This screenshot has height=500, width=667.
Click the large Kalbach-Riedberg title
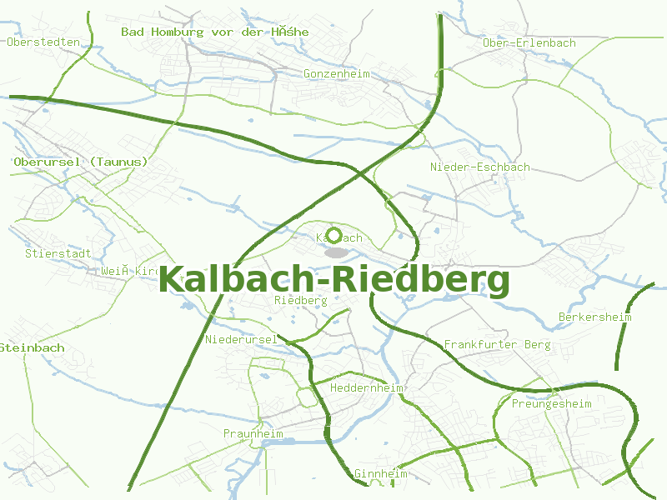coord(333,280)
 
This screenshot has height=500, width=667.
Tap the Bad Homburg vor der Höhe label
coord(215,32)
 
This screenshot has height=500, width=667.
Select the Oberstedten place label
coord(43,42)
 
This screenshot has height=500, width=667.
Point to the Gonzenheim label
coord(337,73)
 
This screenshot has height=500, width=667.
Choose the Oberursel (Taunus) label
coord(81,162)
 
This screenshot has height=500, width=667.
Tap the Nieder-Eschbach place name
coord(480,167)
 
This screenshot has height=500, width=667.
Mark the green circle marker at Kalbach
coord(334,236)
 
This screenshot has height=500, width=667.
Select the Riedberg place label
coord(300,300)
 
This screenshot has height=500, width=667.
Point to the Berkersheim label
coord(595,317)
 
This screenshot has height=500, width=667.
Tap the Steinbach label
coord(32,347)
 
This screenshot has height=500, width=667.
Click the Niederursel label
coord(241,339)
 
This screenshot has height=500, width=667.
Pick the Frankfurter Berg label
coord(497,344)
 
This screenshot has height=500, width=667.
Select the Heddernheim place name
coord(367,388)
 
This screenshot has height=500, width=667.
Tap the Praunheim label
coord(253,434)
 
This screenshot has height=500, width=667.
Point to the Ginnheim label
coord(381,474)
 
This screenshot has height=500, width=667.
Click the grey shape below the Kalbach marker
coord(337,252)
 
